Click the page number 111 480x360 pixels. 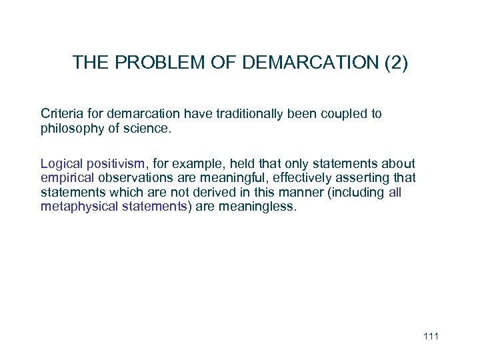[431, 336]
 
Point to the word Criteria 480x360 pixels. [62, 114]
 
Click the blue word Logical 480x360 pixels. [62, 164]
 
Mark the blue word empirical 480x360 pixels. [68, 178]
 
